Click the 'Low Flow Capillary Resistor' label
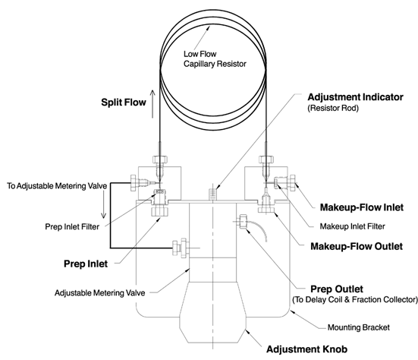215,59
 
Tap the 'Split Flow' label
124,103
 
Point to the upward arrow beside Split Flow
152,104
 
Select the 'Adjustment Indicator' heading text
355,97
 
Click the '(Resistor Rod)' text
333,108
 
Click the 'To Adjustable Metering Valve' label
57,186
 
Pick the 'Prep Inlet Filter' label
72,227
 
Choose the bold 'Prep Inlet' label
86,264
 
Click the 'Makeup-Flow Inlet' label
362,207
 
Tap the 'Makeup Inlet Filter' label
353,226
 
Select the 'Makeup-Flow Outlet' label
357,246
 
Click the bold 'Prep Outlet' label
337,289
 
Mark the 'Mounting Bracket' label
359,327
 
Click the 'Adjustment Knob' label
306,349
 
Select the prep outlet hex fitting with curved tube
244,222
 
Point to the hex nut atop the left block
160,159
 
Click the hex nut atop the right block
266,159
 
